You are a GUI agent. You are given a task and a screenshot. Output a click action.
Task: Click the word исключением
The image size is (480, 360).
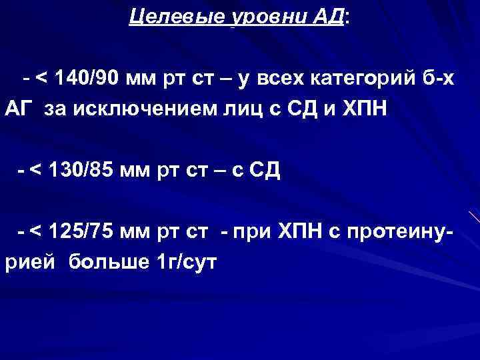(x=133, y=110)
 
